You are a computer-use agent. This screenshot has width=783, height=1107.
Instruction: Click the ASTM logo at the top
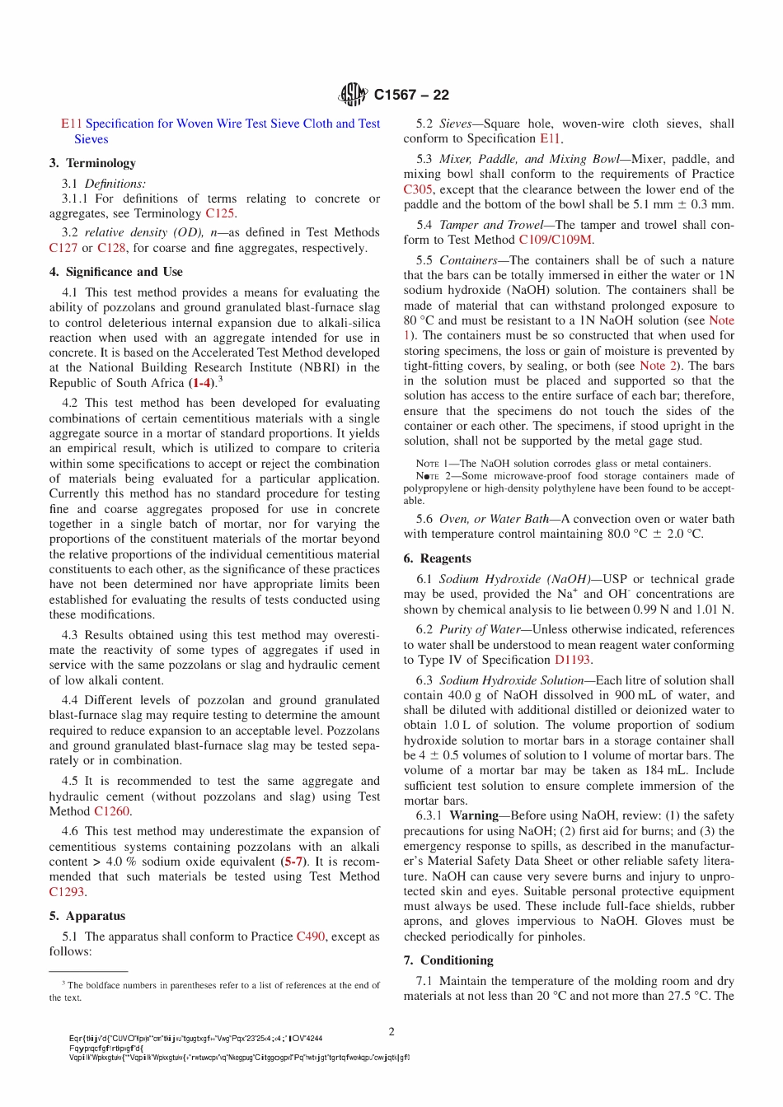pyautogui.click(x=353, y=95)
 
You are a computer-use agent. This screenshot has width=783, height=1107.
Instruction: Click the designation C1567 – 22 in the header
pyautogui.click(x=411, y=95)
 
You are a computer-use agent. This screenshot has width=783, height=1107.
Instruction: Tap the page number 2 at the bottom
pyautogui.click(x=391, y=1031)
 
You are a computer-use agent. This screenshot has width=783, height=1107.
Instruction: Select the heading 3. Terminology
pyautogui.click(x=92, y=163)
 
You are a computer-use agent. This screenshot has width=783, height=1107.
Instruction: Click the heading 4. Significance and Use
pyautogui.click(x=115, y=272)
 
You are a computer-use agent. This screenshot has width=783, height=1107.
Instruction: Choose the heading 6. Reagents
pyautogui.click(x=437, y=558)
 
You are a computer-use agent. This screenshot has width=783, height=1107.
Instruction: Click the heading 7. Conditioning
pyautogui.click(x=448, y=960)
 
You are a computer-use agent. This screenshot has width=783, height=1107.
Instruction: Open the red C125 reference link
pyautogui.click(x=219, y=213)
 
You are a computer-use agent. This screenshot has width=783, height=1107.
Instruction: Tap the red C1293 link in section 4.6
pyautogui.click(x=67, y=892)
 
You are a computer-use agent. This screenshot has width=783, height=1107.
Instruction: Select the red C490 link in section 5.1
pyautogui.click(x=311, y=937)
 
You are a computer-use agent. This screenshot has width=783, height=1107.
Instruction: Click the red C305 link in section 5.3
pyautogui.click(x=418, y=189)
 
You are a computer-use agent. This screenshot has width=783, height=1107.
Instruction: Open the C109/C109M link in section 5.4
pyautogui.click(x=555, y=240)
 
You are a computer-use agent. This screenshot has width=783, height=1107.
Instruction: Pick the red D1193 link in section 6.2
pyautogui.click(x=572, y=660)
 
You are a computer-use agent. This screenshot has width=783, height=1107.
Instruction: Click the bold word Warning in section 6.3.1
pyautogui.click(x=474, y=815)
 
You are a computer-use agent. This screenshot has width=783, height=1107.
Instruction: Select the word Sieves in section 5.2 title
pyautogui.click(x=456, y=124)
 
